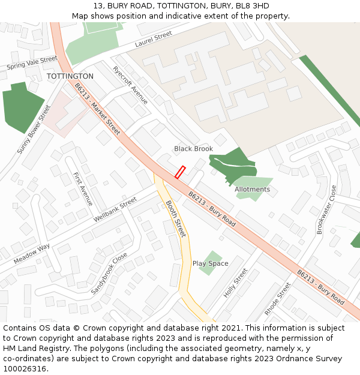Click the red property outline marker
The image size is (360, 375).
[x=179, y=172]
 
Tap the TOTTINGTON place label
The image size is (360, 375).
[x=70, y=77]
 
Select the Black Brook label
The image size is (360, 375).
[x=193, y=149]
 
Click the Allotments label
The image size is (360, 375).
[x=252, y=190]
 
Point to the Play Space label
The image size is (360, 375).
[x=210, y=263]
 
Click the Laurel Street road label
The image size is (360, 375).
[x=154, y=40]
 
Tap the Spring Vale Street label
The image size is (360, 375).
[x=32, y=63]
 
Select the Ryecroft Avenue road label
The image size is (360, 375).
[x=130, y=85]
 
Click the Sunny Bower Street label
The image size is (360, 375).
[x=35, y=130]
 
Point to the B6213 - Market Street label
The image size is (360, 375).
[x=97, y=109]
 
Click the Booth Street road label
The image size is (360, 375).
[x=176, y=218]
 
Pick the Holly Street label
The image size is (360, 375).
[x=235, y=283]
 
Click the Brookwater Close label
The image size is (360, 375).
[x=326, y=209]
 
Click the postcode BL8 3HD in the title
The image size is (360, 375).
[x=251, y=6]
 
